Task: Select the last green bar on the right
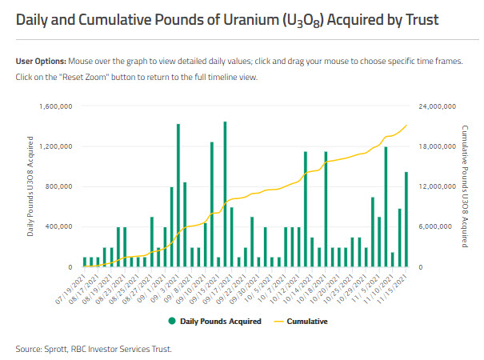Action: pyautogui.click(x=406, y=219)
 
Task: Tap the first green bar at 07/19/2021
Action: pyautogui.click(x=85, y=262)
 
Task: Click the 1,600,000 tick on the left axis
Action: pyautogui.click(x=56, y=106)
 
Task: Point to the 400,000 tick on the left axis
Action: pyautogui.click(x=59, y=226)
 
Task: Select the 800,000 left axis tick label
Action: pyautogui.click(x=59, y=186)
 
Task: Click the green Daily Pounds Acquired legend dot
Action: pyautogui.click(x=171, y=322)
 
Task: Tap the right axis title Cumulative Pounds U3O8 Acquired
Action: pyautogui.click(x=465, y=186)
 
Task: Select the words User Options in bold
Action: pyautogui.click(x=40, y=62)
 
